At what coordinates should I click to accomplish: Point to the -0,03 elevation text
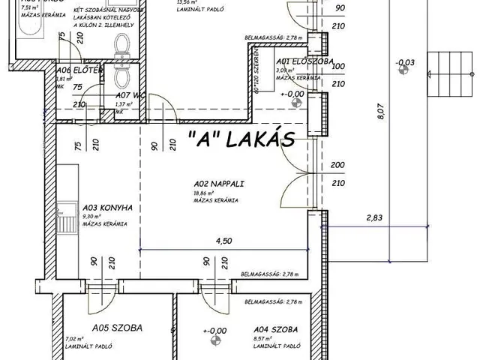tap(405, 62)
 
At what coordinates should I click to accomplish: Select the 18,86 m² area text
tap(204, 191)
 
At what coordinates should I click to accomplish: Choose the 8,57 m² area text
tap(265, 338)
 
